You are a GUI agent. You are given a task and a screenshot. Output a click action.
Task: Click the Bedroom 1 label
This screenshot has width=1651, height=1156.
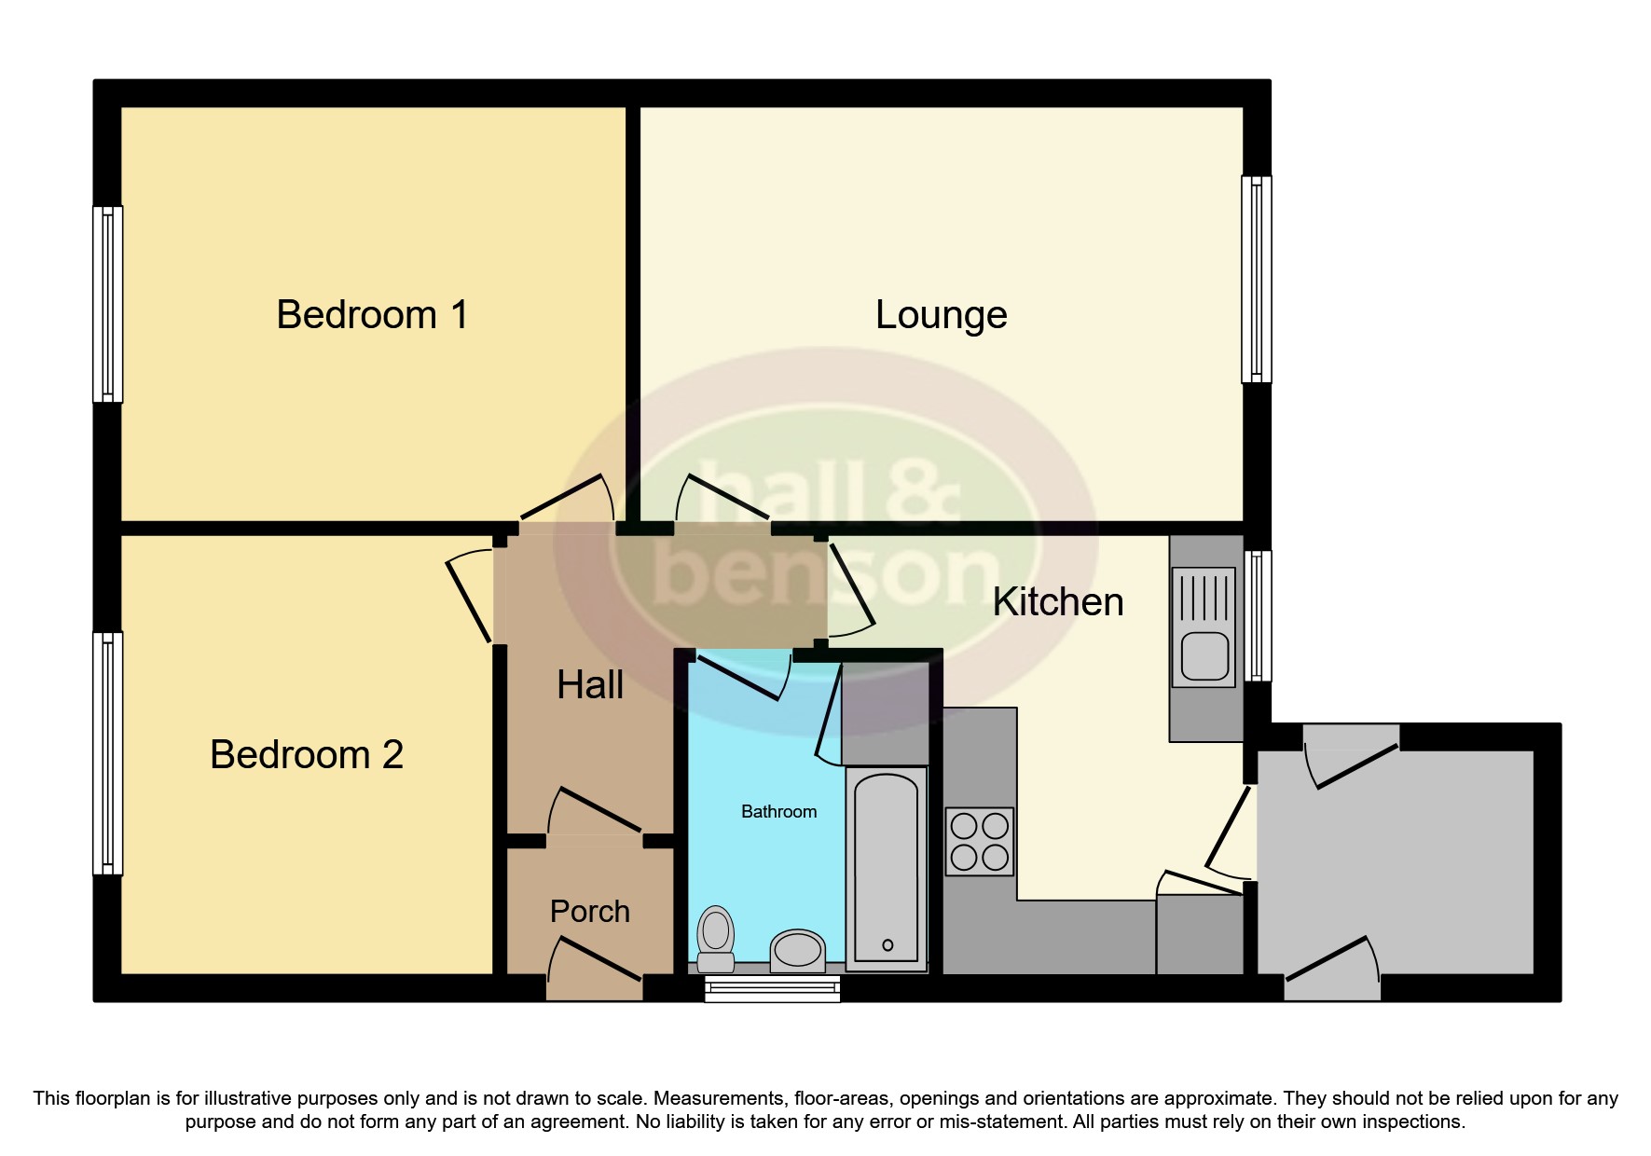[x=372, y=315]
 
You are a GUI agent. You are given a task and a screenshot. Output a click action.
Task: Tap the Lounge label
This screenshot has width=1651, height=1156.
[x=941, y=315]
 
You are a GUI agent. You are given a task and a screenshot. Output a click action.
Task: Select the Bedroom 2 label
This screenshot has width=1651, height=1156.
[x=307, y=754]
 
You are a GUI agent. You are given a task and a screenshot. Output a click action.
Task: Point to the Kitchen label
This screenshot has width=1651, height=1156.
[x=1057, y=602]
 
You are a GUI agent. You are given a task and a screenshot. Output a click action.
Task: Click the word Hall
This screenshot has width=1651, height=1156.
[x=590, y=685]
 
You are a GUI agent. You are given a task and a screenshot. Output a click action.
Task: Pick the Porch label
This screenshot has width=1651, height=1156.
[x=589, y=911]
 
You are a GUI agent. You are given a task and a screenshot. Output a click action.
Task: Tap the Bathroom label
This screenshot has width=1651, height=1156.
[x=778, y=812]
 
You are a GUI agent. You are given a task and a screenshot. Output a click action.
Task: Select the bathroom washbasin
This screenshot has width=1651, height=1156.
[x=797, y=950]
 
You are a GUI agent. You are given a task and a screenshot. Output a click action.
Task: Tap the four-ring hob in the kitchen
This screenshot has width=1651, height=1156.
[x=979, y=841]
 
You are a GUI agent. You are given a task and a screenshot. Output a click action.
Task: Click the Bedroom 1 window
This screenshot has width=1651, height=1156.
[x=108, y=304]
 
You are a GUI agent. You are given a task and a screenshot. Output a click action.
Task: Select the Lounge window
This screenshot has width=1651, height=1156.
[x=1256, y=280]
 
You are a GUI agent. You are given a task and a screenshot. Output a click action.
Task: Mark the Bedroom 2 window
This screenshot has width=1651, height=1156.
[x=108, y=753]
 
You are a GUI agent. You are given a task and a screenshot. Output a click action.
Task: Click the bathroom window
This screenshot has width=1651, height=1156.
[x=772, y=988]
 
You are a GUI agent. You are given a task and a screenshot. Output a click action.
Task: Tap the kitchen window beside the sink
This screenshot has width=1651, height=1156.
[x=1258, y=615]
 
